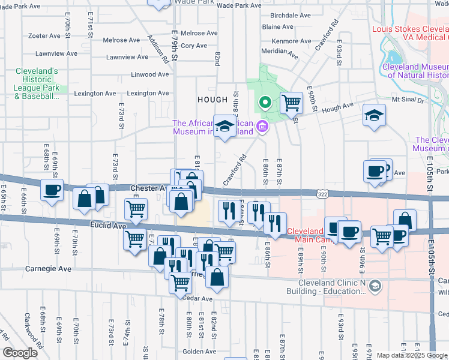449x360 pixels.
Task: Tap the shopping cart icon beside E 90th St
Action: [291, 103]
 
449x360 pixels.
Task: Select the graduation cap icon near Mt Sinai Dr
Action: [374, 115]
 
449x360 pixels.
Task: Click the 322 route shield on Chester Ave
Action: [324, 193]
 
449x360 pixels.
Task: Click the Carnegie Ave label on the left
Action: [48, 269]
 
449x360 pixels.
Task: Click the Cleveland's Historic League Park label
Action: [37, 83]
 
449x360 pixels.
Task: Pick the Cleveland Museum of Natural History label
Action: [415, 71]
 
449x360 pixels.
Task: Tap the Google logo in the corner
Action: [20, 353]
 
